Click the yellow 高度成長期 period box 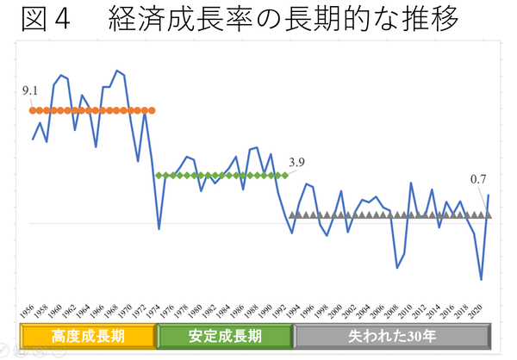click(x=88, y=335)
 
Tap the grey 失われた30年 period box click(x=393, y=335)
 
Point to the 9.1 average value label click(x=31, y=90)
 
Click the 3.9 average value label click(x=297, y=161)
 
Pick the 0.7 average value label click(x=479, y=179)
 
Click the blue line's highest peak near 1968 click(x=117, y=71)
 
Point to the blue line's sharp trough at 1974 click(x=159, y=229)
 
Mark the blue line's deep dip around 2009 click(x=397, y=268)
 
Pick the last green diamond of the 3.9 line click(x=285, y=175)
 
